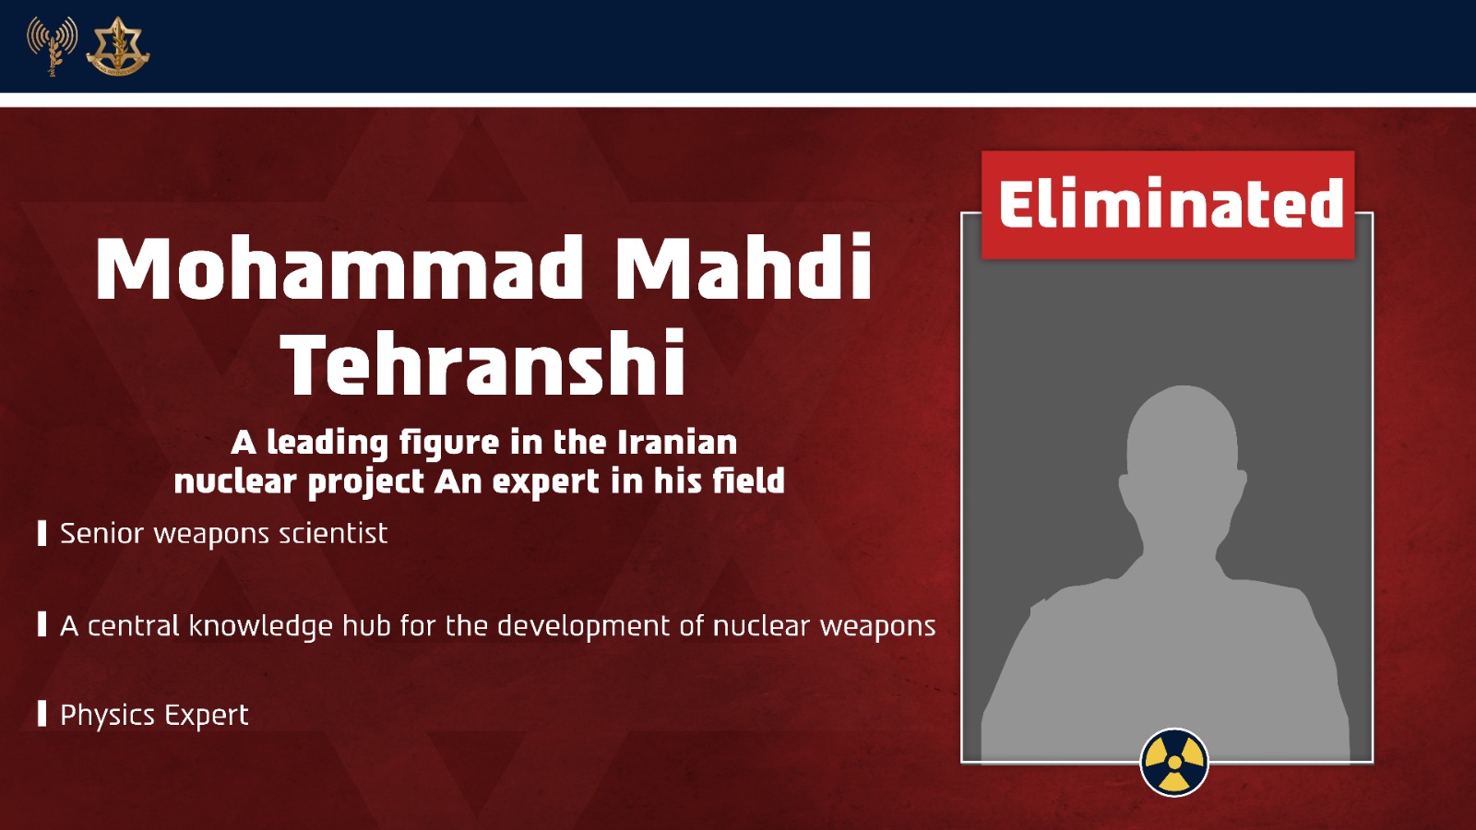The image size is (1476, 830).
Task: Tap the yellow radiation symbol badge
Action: coord(1174,762)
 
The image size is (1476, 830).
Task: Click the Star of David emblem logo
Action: coord(118,46)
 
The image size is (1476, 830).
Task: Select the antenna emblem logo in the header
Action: coord(52,46)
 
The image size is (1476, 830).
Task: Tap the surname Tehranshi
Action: coord(484,362)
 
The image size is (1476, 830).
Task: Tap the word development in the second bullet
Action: coord(583,627)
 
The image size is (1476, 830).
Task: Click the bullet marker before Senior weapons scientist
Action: coord(42,534)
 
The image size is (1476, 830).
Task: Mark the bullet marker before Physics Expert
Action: coord(42,714)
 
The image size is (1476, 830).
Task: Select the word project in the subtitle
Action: coord(366,482)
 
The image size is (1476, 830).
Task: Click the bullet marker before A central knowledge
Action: coord(42,624)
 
